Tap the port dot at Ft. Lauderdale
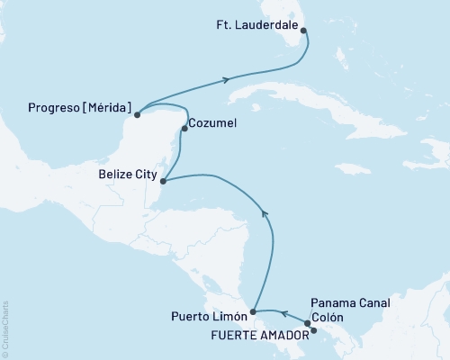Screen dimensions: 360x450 (x=303, y=31)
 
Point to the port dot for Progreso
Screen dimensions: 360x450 (x=137, y=114)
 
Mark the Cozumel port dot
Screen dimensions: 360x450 (x=184, y=129)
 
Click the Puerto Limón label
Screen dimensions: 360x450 (x=207, y=316)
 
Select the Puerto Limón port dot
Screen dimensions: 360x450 (x=253, y=312)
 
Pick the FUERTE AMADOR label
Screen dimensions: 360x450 (x=260, y=332)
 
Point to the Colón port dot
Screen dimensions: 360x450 (x=307, y=323)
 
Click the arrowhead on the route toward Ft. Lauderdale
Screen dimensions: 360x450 (x=225, y=80)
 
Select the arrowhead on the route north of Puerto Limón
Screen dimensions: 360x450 (x=264, y=212)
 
